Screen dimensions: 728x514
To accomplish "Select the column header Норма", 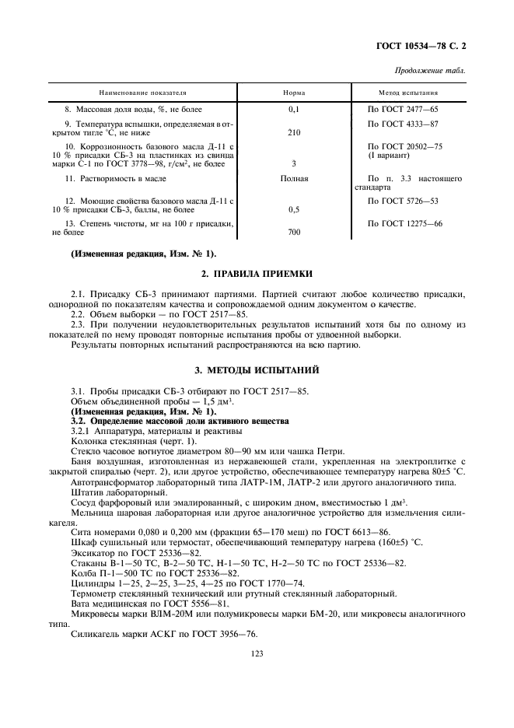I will (294, 92).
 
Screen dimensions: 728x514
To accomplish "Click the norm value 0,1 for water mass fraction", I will (294, 110).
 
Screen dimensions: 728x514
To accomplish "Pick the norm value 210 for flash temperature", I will (294, 132).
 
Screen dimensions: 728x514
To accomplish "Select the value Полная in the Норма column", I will (294, 178).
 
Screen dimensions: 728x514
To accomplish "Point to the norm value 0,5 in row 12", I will (294, 209).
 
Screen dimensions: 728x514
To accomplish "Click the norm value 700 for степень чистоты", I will (294, 232).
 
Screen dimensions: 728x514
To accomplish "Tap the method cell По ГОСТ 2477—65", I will (403, 110).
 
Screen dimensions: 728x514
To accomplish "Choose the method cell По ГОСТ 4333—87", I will (403, 124).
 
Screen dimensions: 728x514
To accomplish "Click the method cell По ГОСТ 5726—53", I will (403, 201).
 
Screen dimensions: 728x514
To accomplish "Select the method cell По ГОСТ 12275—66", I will (404, 223).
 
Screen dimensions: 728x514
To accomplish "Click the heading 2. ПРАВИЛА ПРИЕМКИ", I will (257, 274).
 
